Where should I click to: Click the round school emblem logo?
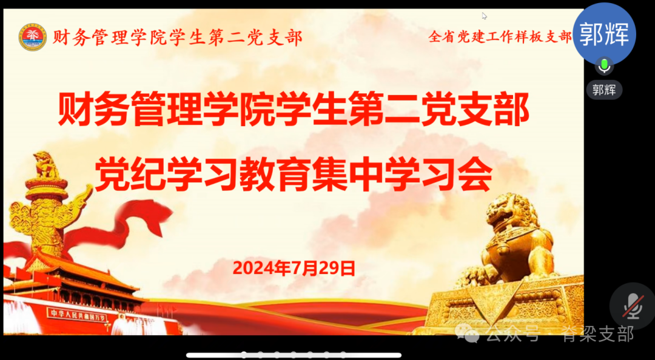click(x=32, y=37)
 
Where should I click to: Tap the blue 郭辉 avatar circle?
click(x=604, y=33)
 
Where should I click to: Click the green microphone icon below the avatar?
click(x=604, y=65)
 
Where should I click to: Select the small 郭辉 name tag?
click(x=604, y=90)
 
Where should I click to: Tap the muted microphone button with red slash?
click(x=633, y=306)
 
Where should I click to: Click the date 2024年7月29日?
click(x=294, y=268)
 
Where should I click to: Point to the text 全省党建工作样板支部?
click(x=500, y=37)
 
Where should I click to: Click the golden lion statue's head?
click(x=508, y=212)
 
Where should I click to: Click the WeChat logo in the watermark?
click(x=468, y=332)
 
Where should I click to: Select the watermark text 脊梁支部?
click(x=597, y=333)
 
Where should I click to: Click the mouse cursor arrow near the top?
click(x=484, y=16)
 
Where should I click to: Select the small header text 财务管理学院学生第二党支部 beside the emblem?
click(x=177, y=38)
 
